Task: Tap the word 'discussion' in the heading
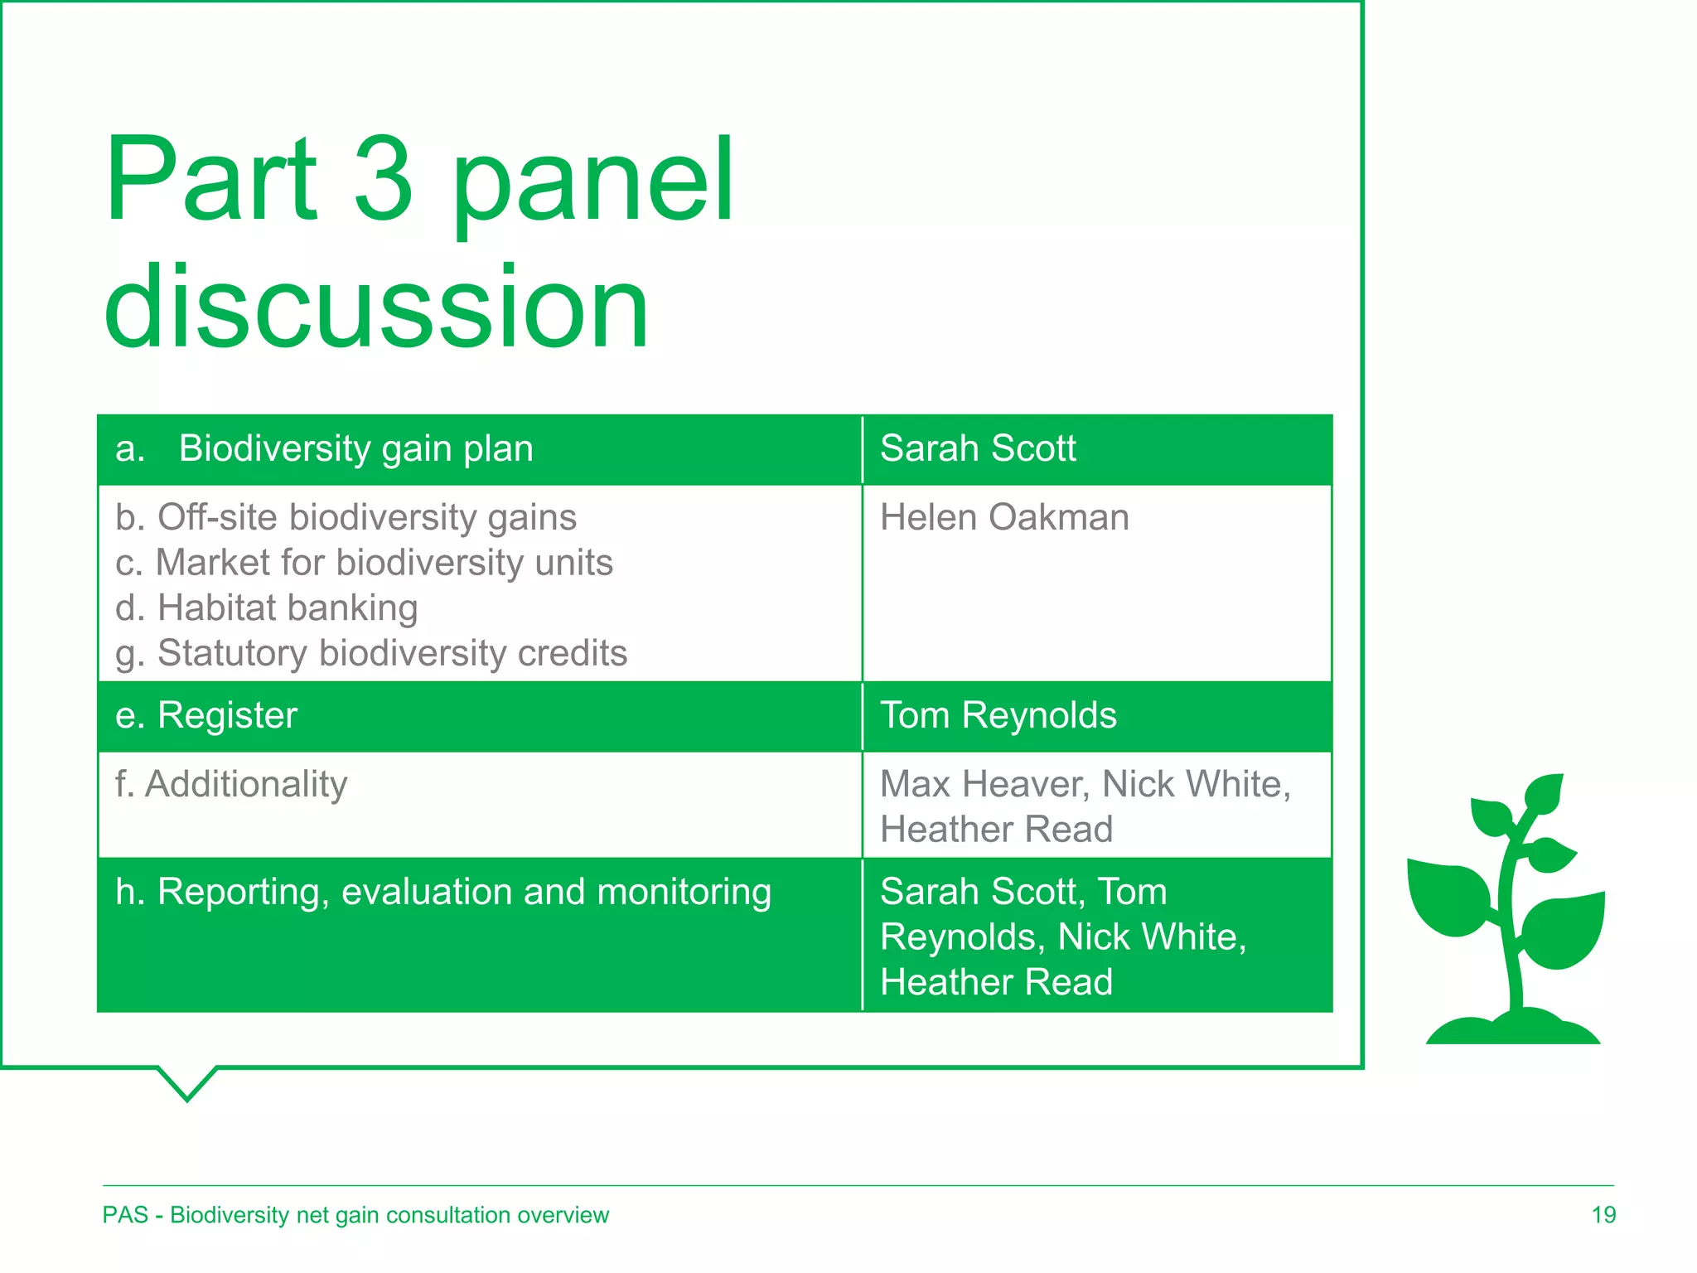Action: pos(377,308)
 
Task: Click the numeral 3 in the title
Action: pos(383,180)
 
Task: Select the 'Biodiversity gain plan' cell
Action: pos(355,449)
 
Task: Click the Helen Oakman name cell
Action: pos(1003,518)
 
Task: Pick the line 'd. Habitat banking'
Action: pos(267,608)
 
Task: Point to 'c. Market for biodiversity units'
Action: pos(364,563)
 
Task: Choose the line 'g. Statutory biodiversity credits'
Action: pos(371,654)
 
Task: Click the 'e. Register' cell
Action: pos(206,716)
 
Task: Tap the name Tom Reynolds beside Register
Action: pos(998,716)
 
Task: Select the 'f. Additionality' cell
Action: pos(231,785)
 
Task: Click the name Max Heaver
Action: pos(984,785)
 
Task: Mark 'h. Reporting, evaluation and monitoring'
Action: pos(443,893)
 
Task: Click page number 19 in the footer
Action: pos(1603,1215)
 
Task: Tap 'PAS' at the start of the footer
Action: pos(125,1215)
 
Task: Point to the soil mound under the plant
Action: pos(1513,1029)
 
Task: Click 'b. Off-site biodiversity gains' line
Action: pos(346,518)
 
